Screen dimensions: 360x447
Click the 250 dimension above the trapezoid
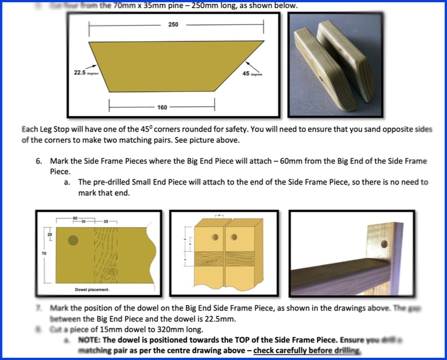pos(173,25)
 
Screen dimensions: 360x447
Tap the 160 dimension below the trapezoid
pos(162,107)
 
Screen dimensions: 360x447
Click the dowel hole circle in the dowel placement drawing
pos(73,240)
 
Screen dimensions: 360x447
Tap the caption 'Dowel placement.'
pos(93,289)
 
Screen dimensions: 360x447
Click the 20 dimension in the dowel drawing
pos(50,234)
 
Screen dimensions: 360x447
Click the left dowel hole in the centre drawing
pos(215,237)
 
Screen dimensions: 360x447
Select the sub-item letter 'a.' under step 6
pos(68,182)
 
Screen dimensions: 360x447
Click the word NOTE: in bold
pos(93,340)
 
